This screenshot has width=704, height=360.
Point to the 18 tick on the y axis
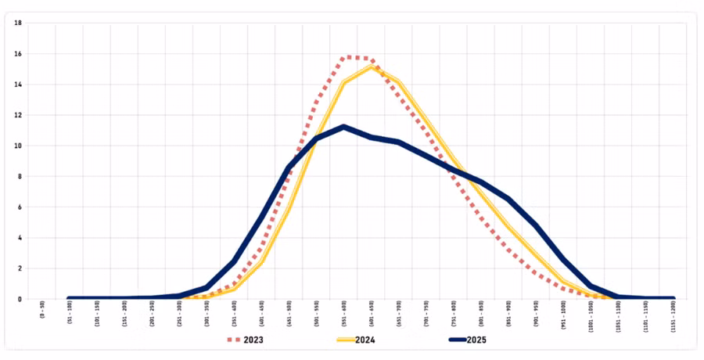17,23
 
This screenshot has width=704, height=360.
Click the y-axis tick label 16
17,54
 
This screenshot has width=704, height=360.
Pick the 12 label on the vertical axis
17,115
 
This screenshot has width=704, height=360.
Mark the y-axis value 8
18,176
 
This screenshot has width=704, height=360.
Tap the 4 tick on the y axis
18,237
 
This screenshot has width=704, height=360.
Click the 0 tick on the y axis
18,298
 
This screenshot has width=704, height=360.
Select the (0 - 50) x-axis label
42,313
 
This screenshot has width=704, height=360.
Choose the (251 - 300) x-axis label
180,315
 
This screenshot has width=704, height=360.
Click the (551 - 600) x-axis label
344,315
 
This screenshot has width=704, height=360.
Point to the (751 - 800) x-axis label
454,315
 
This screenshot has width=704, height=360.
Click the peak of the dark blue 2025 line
344,127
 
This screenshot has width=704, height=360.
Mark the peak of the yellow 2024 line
372,67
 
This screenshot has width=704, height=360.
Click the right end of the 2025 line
673,298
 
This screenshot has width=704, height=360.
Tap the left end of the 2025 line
70,298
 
